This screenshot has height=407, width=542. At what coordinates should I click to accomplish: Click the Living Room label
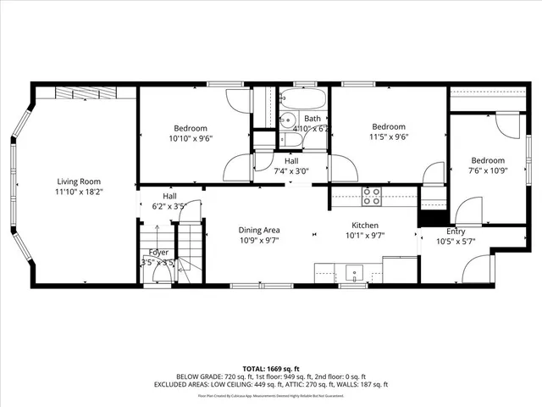pos(79,181)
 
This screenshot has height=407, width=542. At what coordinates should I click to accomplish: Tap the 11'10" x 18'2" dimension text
pos(79,192)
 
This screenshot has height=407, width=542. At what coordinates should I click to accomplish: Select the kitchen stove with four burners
pos(371,197)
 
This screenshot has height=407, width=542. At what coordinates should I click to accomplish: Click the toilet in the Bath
pos(287,142)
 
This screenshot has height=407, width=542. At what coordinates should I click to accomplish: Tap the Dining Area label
pos(258,230)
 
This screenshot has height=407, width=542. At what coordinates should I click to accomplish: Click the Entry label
pos(456,231)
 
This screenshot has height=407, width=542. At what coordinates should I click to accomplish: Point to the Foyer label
pos(158,253)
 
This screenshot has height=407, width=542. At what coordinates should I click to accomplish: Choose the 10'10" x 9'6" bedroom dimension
pos(191,138)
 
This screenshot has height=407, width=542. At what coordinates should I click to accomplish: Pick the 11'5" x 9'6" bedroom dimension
pos(389,136)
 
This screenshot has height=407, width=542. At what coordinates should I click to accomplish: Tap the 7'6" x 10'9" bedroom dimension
pos(488,171)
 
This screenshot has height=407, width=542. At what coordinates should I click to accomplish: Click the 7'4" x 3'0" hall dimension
pos(290,171)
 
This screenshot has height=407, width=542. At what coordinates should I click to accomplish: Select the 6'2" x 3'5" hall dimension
pos(169,206)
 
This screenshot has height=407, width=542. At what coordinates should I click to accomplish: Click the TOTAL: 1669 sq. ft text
pos(270,369)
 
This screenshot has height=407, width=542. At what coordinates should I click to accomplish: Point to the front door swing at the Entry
pos(478,271)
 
